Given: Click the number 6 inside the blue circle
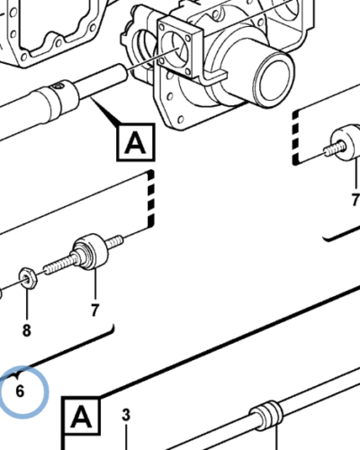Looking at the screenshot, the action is pyautogui.click(x=20, y=391).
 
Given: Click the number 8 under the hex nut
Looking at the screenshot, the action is pyautogui.click(x=27, y=330).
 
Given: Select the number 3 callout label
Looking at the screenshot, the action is pyautogui.click(x=126, y=415).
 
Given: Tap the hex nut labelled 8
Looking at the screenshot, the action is pyautogui.click(x=28, y=278).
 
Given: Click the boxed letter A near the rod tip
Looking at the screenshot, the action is pyautogui.click(x=136, y=142).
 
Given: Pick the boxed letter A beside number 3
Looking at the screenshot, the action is pyautogui.click(x=81, y=416).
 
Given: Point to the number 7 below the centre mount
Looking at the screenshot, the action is pyautogui.click(x=94, y=310).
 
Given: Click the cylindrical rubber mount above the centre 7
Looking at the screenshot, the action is pyautogui.click(x=90, y=251).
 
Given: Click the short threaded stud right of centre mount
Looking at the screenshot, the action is pyautogui.click(x=114, y=241).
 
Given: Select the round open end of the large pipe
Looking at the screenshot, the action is pyautogui.click(x=274, y=79).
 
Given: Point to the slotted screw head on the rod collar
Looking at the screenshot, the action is pyautogui.click(x=58, y=86).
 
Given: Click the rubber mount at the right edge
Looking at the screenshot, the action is pyautogui.click(x=346, y=142).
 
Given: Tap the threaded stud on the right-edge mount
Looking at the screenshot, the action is pyautogui.click(x=335, y=149).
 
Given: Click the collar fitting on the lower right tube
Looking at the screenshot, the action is pyautogui.click(x=265, y=416).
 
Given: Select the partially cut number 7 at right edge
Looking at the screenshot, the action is pyautogui.click(x=355, y=200).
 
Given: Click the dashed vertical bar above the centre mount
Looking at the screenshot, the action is pyautogui.click(x=150, y=200).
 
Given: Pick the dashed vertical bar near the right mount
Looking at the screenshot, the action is pyautogui.click(x=296, y=138).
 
